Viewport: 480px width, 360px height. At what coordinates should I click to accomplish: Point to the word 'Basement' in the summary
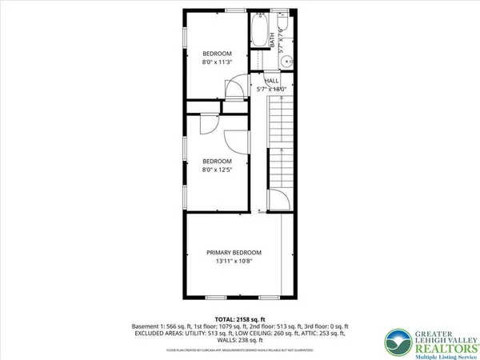tap(146, 327)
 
